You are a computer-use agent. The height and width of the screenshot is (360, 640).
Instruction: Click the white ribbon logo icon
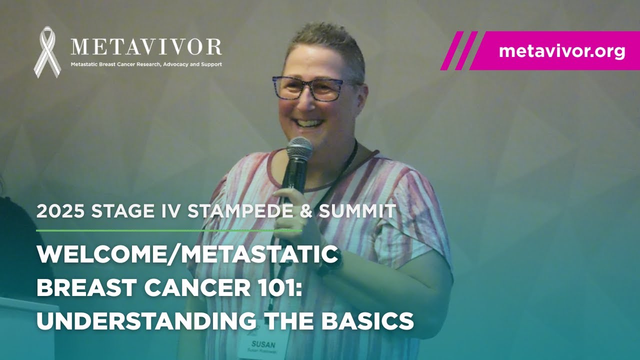47,52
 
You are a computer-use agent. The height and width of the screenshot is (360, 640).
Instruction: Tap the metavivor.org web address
561,51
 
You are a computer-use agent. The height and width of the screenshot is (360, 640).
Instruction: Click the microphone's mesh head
299,148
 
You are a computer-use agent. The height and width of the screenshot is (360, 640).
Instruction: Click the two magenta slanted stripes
458,51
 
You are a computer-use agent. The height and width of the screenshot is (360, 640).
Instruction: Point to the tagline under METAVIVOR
146,64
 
